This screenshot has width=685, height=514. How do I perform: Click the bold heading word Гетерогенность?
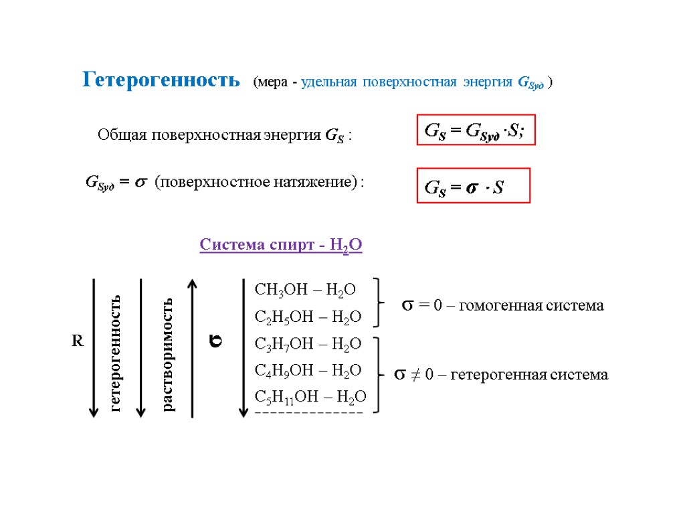pyautogui.click(x=161, y=80)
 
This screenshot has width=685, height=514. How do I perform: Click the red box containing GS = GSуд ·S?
pyautogui.click(x=476, y=131)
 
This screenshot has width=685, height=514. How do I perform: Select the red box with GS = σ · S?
pyautogui.click(x=473, y=185)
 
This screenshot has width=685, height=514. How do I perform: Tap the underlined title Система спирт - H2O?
pyautogui.click(x=281, y=246)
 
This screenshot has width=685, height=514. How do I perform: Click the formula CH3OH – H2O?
pyautogui.click(x=305, y=289)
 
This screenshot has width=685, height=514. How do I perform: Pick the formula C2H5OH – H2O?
pyautogui.click(x=308, y=317)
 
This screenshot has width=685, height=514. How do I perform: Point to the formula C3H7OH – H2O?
pyautogui.click(x=308, y=343)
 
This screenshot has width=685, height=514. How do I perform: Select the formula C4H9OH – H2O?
pyautogui.click(x=308, y=370)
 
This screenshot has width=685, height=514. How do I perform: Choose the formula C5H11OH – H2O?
pyautogui.click(x=310, y=397)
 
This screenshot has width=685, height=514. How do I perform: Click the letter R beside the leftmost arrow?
pyautogui.click(x=78, y=341)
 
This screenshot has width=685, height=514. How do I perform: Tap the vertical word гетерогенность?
pyautogui.click(x=116, y=352)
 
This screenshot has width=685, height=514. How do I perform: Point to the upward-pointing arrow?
pyautogui.click(x=193, y=348)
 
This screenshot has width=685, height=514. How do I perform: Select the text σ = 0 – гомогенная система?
pyautogui.click(x=502, y=306)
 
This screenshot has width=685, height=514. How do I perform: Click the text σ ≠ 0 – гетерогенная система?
pyautogui.click(x=500, y=375)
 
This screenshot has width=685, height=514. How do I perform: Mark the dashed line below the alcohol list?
pyautogui.click(x=309, y=413)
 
